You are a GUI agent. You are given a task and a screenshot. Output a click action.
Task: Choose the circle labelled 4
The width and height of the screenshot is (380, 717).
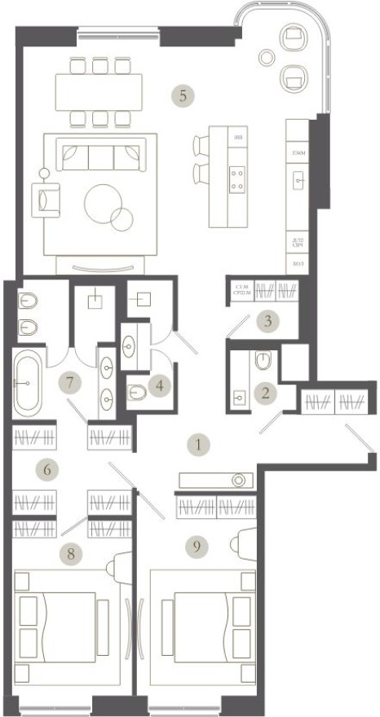pos(161,385)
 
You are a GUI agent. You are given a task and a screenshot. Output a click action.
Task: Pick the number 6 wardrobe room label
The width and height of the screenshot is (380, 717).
pos(48,469)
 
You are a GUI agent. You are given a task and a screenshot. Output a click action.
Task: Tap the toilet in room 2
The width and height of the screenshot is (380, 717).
pos(263,359)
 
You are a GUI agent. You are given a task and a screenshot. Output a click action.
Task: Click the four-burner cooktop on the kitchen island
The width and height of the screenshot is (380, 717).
pos(238,178)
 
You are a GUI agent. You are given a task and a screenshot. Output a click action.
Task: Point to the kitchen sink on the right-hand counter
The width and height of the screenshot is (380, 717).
pos(298,180)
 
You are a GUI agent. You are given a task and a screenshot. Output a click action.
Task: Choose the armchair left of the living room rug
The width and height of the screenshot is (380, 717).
pos(45,197)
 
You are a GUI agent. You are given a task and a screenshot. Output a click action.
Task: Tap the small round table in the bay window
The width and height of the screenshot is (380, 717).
pos(266,56)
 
